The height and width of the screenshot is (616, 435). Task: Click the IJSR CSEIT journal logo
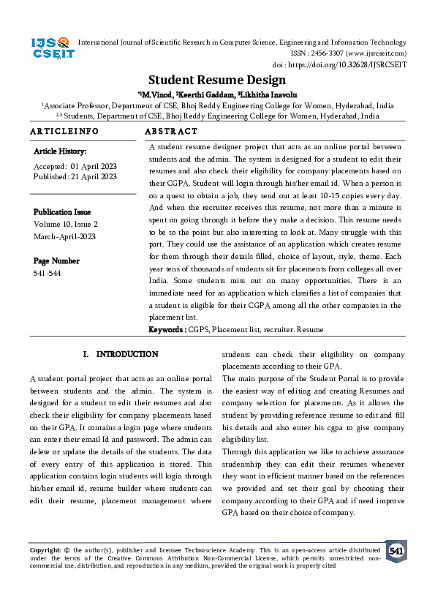coord(50,49)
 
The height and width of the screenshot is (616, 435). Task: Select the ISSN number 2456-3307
coord(328,53)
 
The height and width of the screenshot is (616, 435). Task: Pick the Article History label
coord(60,151)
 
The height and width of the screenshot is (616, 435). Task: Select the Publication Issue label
coord(64,213)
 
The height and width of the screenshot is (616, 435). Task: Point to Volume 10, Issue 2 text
coord(65,225)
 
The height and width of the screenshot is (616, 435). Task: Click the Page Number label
coord(56,261)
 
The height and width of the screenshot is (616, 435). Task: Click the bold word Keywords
coord(165,330)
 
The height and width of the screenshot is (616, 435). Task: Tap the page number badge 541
coord(396,551)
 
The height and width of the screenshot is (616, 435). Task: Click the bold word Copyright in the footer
coord(45,549)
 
